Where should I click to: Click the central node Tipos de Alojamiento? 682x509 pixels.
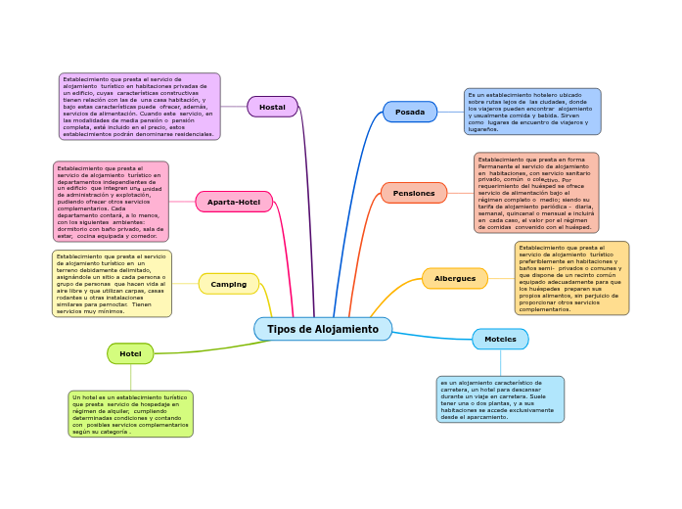[x=323, y=329]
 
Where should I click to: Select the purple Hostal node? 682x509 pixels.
[x=272, y=107]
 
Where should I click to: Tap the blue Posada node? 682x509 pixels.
[x=410, y=112]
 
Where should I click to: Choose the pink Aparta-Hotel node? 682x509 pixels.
[x=234, y=202]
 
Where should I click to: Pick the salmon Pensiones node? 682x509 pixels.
[x=414, y=193]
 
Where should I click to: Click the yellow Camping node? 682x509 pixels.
[x=229, y=284]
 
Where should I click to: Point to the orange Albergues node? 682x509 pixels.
[x=455, y=278]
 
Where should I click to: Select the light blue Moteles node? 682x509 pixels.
[x=500, y=339]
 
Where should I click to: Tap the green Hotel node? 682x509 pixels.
[x=130, y=353]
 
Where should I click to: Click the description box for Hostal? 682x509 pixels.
[x=140, y=107]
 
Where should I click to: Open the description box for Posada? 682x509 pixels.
[x=532, y=112]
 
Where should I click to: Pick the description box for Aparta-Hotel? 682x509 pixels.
[x=111, y=202]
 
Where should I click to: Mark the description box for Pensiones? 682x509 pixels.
[x=536, y=193]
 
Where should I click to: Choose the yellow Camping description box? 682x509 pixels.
[x=112, y=284]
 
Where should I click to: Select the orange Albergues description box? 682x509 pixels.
[x=571, y=278]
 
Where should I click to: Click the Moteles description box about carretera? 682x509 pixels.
[x=500, y=399]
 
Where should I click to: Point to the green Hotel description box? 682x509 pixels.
[x=130, y=414]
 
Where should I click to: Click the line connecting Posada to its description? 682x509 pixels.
[x=451, y=112]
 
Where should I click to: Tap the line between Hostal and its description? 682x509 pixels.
[x=234, y=107]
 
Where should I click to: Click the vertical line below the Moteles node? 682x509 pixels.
[x=500, y=363]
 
